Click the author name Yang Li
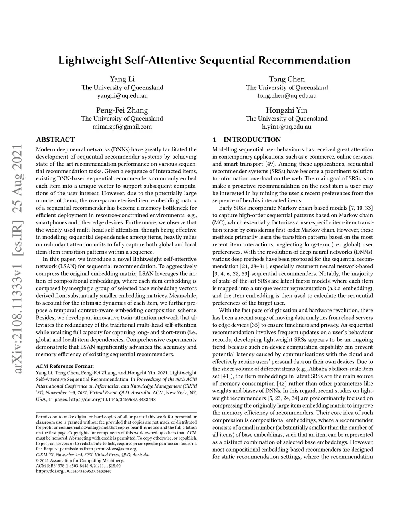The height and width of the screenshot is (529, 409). pos(122,79)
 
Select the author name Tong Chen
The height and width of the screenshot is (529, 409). pos(287,79)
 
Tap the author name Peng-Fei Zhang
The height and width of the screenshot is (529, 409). pos(122,110)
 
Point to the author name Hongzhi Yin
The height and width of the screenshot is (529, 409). pos(287,110)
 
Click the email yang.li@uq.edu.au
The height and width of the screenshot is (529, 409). pos(122,96)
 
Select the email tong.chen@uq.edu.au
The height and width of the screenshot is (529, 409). pos(287,96)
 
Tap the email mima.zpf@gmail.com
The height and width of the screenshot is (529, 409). pos(122,127)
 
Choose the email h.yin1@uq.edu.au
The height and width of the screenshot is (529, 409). pos(287,127)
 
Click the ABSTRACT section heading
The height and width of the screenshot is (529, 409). pos(55,140)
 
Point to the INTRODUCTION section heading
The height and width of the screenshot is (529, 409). pos(252,140)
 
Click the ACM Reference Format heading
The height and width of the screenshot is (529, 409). pos(65,366)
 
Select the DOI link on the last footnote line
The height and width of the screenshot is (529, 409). pos(74,471)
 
